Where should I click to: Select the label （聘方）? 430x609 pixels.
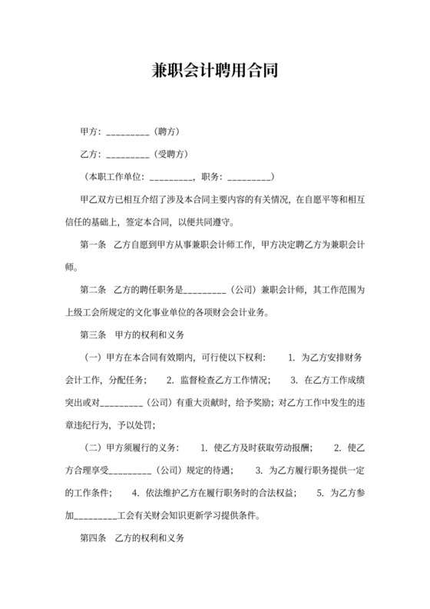(167, 131)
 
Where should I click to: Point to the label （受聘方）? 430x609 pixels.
(172, 154)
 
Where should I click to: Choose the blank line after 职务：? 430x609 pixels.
(248, 178)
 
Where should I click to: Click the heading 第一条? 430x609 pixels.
(92, 245)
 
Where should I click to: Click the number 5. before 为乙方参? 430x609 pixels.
(320, 493)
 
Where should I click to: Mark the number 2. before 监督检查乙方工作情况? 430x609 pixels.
(170, 380)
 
